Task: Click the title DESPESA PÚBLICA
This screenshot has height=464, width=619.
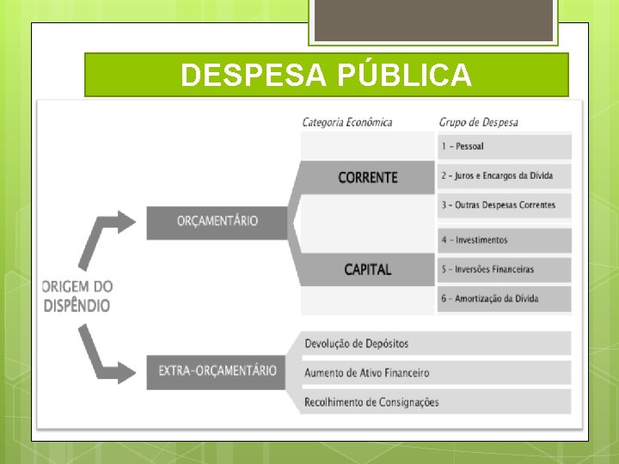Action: (x=326, y=76)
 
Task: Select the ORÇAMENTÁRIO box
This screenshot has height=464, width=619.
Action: (x=218, y=221)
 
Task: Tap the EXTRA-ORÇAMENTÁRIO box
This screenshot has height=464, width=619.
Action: (x=218, y=371)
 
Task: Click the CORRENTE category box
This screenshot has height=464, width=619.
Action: (x=367, y=178)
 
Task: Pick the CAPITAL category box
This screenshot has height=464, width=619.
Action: (x=367, y=269)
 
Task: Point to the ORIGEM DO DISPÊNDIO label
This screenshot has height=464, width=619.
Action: (x=77, y=296)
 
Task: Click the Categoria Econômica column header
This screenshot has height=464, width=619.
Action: (x=346, y=122)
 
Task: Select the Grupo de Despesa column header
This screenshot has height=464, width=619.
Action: (x=478, y=122)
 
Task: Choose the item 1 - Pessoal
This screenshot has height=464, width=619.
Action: (x=504, y=146)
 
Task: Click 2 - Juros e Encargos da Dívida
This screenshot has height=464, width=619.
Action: (x=504, y=175)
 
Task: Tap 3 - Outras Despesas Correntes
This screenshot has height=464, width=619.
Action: (x=504, y=205)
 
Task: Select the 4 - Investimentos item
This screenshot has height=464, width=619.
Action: (x=504, y=240)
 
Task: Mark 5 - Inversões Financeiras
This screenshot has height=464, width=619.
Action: (x=504, y=269)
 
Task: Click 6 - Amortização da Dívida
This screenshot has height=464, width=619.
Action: (x=504, y=298)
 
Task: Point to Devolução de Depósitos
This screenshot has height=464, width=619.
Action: (x=434, y=344)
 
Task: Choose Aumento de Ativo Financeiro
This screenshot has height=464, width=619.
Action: (x=434, y=372)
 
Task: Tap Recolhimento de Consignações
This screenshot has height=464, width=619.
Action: (x=434, y=401)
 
